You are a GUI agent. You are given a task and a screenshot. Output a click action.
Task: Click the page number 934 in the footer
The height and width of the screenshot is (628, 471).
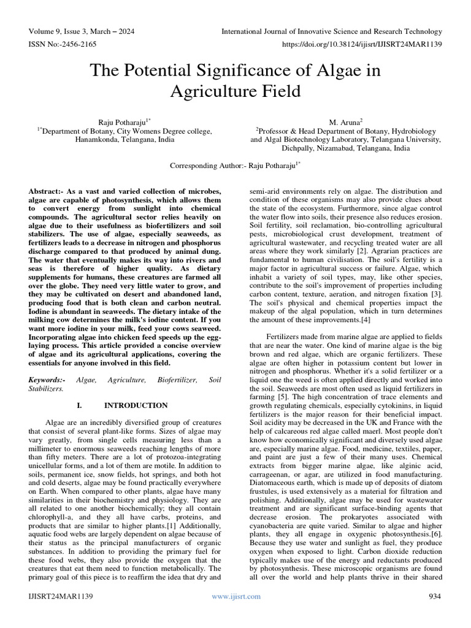pyautogui.click(x=434, y=596)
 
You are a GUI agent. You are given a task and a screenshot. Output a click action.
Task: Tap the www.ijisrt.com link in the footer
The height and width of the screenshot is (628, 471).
pyautogui.click(x=235, y=596)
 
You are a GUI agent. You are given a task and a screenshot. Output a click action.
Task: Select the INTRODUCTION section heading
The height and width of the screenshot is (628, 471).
pyautogui.click(x=136, y=405)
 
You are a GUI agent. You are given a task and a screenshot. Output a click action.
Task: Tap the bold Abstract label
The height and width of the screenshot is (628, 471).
pyautogui.click(x=48, y=191)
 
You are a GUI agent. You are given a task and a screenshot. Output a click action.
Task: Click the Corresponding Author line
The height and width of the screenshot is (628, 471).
pyautogui.click(x=235, y=165)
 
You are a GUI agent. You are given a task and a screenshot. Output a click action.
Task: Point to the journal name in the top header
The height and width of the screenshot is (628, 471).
pyautogui.click(x=331, y=31)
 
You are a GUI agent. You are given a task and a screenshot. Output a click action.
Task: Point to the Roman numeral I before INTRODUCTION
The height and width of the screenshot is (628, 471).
pyautogui.click(x=79, y=405)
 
